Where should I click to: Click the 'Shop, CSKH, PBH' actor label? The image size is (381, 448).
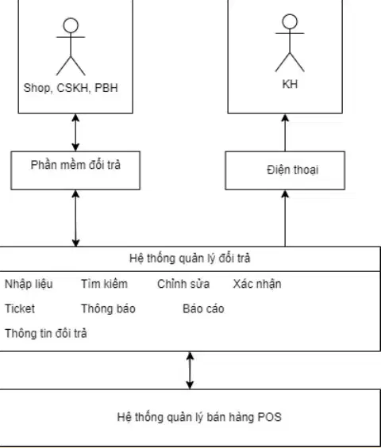pyautogui.click(x=71, y=88)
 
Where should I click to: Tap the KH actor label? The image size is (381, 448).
pyautogui.click(x=290, y=84)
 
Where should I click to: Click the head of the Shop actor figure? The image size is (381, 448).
pyautogui.click(x=71, y=25)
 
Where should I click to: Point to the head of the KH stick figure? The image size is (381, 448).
pyautogui.click(x=290, y=21)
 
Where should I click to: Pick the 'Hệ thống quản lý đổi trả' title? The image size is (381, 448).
pyautogui.click(x=190, y=258)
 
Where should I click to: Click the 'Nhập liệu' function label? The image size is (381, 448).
pyautogui.click(x=29, y=285)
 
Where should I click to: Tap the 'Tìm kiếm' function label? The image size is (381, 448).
pyautogui.click(x=105, y=284)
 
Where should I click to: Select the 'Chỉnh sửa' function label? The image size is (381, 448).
pyautogui.click(x=183, y=284)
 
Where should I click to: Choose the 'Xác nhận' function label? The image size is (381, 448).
pyautogui.click(x=257, y=285)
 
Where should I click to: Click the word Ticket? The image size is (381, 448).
pyautogui.click(x=20, y=309)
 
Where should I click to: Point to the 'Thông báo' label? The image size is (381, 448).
pyautogui.click(x=109, y=309)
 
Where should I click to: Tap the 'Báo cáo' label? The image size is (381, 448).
pyautogui.click(x=203, y=309)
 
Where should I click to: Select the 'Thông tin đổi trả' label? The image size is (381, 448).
pyautogui.click(x=46, y=334)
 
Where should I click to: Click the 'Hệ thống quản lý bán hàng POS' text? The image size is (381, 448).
pyautogui.click(x=199, y=417)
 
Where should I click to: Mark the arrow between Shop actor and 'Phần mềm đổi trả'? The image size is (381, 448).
pyautogui.click(x=75, y=132)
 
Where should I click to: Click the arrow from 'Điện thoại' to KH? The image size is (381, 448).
pyautogui.click(x=285, y=132)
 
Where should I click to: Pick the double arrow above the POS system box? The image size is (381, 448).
pyautogui.click(x=190, y=370)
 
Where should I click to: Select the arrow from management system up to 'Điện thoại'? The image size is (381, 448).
pyautogui.click(x=285, y=218)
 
